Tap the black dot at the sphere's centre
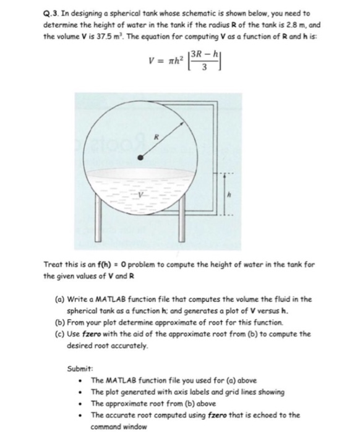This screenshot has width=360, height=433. (140, 158)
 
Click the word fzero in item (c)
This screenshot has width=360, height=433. (96, 334)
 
